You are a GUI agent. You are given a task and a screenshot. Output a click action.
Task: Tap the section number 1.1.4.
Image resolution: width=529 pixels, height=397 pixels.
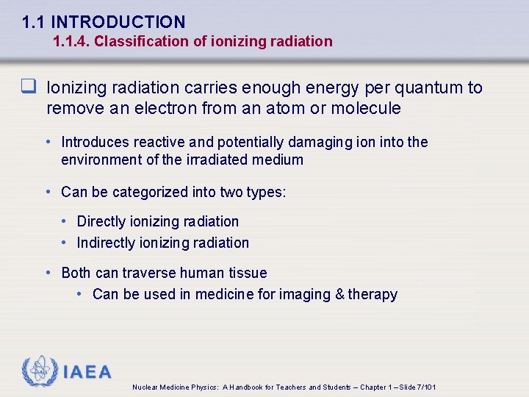click(x=71, y=42)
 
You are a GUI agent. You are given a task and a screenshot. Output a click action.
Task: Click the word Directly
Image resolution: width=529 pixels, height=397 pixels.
click(x=102, y=221)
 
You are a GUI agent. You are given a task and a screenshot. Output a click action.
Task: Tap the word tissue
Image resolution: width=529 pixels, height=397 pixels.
click(x=247, y=273)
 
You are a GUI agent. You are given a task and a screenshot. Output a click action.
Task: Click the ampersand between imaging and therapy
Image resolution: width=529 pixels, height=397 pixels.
click(x=339, y=295)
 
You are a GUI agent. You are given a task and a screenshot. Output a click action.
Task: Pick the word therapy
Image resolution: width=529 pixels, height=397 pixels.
click(x=373, y=295)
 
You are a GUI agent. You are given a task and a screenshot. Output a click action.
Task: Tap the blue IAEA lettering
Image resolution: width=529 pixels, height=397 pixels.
click(x=87, y=372)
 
